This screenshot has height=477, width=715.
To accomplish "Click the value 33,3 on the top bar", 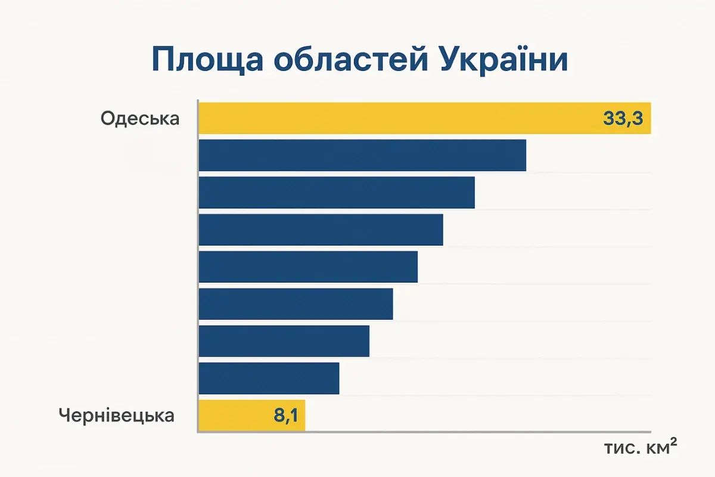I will point(623,119).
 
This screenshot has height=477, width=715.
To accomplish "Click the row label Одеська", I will point(139,119).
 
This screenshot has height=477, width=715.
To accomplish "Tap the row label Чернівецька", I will point(117,416).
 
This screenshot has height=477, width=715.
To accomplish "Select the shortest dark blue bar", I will point(269,378).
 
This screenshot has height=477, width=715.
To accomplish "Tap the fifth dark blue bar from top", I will point(296,304).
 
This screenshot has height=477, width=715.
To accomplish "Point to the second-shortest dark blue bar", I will point(284,341).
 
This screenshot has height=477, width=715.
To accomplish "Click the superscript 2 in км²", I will point(674,442).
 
